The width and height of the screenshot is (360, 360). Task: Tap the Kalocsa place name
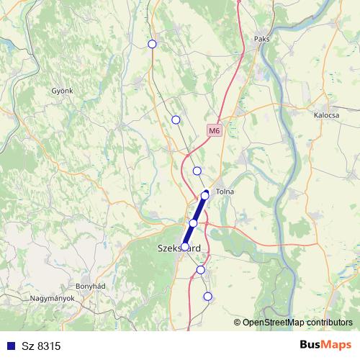[327, 114]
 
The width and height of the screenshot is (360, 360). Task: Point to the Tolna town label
[225, 192]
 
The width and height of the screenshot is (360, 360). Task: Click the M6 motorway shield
[214, 130]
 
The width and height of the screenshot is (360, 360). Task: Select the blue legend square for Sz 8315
[9, 346]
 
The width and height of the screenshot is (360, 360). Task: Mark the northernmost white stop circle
[152, 44]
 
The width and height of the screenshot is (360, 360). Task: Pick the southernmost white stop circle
[208, 296]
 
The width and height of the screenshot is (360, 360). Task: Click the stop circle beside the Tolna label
[204, 195]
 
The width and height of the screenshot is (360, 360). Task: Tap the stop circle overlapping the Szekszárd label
[185, 246]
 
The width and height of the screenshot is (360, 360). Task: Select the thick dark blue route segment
[195, 220]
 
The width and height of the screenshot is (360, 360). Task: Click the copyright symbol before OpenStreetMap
[238, 323]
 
